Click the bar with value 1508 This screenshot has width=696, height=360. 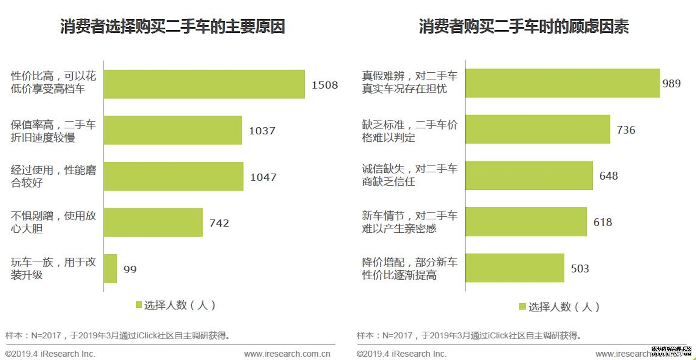pyautogui.click(x=204, y=84)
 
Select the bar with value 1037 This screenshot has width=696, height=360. pyautogui.click(x=173, y=130)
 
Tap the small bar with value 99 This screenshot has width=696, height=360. pyautogui.click(x=110, y=269)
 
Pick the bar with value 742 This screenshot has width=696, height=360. pyautogui.click(x=153, y=222)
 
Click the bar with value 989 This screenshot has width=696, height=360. pyautogui.click(x=562, y=83)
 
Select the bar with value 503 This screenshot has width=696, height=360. pyautogui.click(x=514, y=268)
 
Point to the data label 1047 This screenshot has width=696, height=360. pyautogui.click(x=263, y=177)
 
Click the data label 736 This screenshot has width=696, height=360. pyautogui.click(x=626, y=130)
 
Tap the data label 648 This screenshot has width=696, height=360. pyautogui.click(x=608, y=176)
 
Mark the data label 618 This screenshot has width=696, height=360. pyautogui.click(x=603, y=222)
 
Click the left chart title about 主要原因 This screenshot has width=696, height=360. pyautogui.click(x=172, y=27)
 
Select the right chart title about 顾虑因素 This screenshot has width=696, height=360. pyautogui.click(x=523, y=27)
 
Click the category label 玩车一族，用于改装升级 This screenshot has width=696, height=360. pyautogui.click(x=53, y=268)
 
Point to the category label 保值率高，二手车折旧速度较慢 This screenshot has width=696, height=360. pyautogui.click(x=53, y=131)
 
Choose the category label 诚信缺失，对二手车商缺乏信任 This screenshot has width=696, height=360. pyautogui.click(x=409, y=175)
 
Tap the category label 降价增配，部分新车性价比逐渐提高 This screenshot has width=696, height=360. pyautogui.click(x=409, y=268)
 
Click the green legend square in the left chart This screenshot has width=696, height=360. pyautogui.click(x=139, y=304)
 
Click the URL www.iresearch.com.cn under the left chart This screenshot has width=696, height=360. pyautogui.click(x=287, y=354)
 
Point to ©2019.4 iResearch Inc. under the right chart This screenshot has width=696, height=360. pyautogui.click(x=401, y=354)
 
